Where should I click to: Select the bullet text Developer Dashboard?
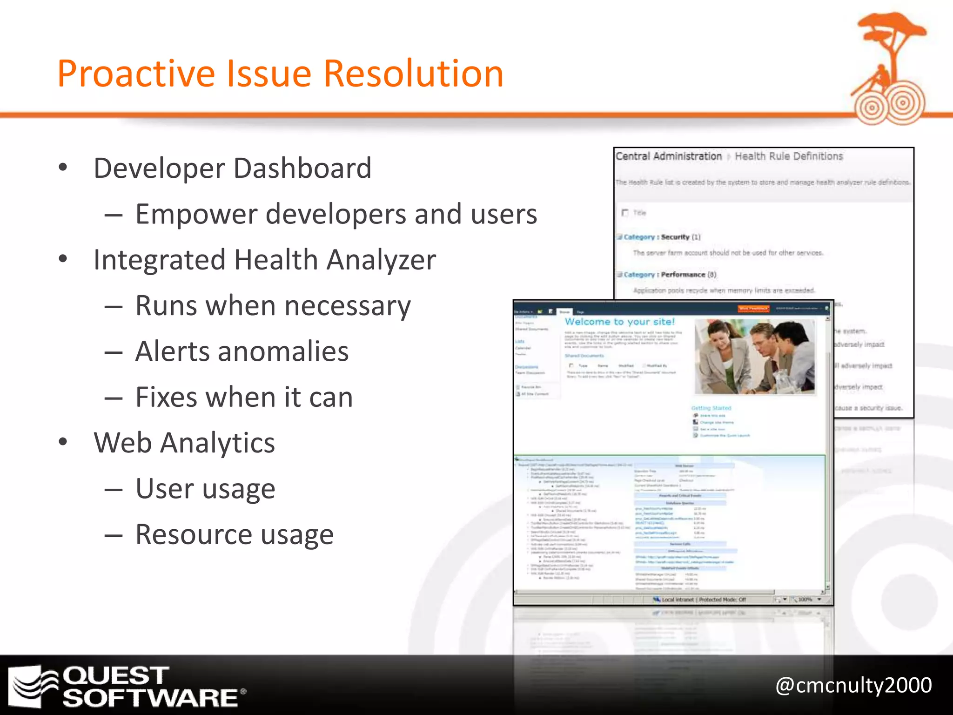(232, 168)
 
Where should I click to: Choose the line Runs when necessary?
(273, 306)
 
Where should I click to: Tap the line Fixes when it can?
(244, 397)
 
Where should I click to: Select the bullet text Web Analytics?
(184, 443)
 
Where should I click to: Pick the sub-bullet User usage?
(205, 489)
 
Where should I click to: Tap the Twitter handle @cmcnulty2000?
(853, 685)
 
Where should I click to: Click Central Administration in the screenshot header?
(668, 156)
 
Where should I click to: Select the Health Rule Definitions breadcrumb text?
(789, 156)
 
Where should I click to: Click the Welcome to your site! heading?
(619, 322)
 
